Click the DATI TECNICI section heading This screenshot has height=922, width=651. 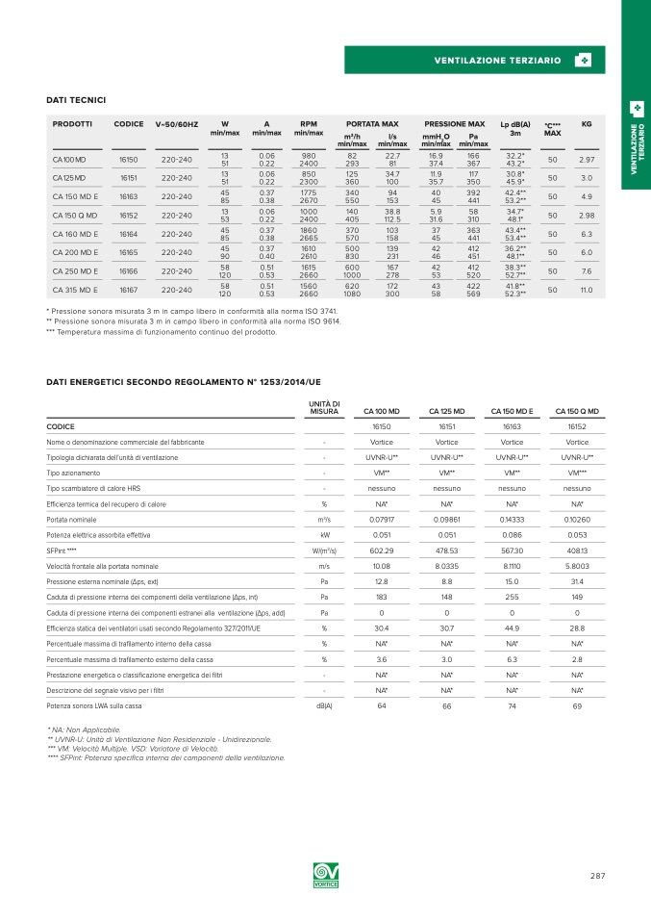point(76,100)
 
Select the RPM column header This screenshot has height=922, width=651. point(309,124)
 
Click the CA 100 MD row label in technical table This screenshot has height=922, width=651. point(69,160)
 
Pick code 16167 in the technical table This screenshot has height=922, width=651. point(129,290)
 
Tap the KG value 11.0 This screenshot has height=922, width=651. point(587,290)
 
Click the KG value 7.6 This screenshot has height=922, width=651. point(587,271)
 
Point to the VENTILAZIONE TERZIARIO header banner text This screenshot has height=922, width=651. point(497,61)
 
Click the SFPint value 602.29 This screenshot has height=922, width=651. point(382,551)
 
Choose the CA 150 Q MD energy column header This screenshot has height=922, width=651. point(577,412)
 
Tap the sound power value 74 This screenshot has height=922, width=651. point(511,706)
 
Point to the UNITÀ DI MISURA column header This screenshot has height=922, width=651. point(324,408)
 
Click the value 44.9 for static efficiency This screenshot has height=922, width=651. point(511,627)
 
